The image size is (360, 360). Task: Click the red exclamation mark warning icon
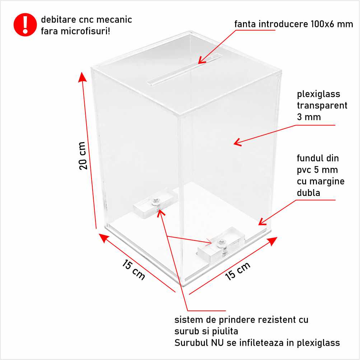[25, 25]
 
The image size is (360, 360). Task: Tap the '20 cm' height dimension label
[83, 156]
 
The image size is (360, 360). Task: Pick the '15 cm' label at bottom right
[237, 271]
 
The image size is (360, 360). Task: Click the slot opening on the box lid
[184, 69]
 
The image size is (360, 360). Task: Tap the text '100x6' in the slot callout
[322, 24]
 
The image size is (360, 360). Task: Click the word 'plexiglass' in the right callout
[318, 94]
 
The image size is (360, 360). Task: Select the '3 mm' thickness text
[309, 117]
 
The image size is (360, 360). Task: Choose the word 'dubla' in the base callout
[308, 193]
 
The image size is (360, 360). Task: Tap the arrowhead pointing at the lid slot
[202, 61]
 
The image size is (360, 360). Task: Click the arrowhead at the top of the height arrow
[82, 77]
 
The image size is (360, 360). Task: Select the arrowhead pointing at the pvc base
[262, 221]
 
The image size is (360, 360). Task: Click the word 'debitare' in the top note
[59, 20]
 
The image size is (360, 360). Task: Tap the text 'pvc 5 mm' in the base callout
[317, 170]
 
